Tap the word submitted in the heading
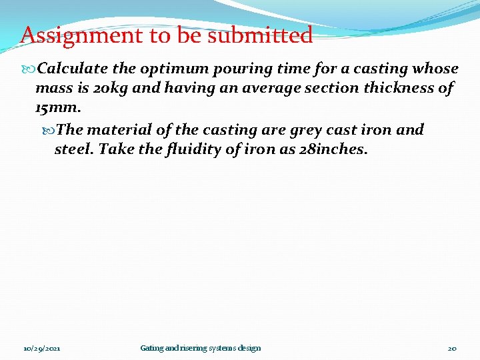click(x=260, y=35)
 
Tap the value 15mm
click(x=57, y=106)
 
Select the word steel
click(x=74, y=149)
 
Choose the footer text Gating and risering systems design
click(x=201, y=348)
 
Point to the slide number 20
click(x=452, y=348)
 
